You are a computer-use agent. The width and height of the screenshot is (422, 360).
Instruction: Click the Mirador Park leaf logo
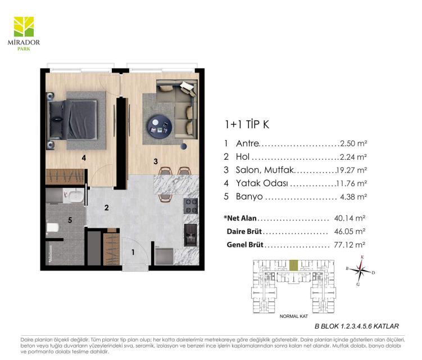24,26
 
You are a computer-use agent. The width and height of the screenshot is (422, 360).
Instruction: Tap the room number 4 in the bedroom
84,157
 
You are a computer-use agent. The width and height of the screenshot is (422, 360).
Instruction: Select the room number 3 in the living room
156,161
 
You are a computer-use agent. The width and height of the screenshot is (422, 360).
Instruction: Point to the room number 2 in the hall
107,208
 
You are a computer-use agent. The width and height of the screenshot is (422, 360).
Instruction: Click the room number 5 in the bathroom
70,220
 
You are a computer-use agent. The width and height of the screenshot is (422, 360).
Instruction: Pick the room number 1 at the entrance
133,252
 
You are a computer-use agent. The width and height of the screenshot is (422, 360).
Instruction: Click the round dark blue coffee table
160,127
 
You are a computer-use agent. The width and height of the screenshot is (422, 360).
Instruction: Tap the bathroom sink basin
76,196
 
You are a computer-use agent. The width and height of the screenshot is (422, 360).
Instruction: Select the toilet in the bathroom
53,228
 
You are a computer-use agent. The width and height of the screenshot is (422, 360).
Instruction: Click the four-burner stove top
191,206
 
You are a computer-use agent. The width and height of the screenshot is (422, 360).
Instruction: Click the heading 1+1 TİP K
247,124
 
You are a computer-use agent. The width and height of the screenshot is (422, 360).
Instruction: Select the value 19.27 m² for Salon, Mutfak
352,170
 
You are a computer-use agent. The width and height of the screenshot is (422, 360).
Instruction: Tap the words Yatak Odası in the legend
262,183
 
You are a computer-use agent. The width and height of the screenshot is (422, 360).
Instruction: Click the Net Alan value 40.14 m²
350,218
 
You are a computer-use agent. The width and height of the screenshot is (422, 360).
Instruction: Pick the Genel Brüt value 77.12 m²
350,245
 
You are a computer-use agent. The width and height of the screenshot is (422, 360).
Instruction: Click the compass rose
361,270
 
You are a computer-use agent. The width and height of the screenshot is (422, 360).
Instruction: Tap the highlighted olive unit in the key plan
294,265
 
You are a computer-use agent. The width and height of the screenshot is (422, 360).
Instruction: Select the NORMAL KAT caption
294,316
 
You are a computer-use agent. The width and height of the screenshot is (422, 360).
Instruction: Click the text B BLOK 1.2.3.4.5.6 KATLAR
357,326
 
